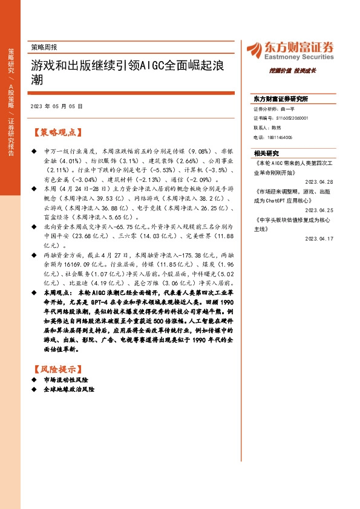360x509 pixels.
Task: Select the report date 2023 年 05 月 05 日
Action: [56, 106]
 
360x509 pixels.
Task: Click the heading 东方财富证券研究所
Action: [281, 99]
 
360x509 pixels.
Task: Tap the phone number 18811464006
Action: [281, 137]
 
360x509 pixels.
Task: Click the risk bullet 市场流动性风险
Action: [67, 380]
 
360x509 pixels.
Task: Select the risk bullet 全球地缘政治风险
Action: [70, 390]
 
